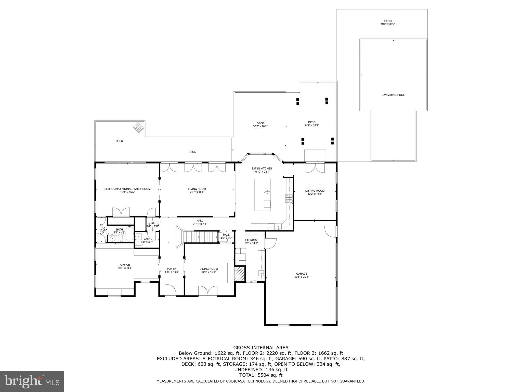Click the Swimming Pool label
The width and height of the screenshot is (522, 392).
click(393, 95)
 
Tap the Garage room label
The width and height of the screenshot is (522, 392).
click(302, 274)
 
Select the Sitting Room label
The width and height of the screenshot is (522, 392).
click(315, 191)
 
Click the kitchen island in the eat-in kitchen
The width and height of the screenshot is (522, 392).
click(263, 195)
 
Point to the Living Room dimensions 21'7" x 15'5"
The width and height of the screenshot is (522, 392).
click(197, 192)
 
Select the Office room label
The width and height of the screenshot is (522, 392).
click(125, 265)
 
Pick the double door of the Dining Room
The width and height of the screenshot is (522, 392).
click(208, 291)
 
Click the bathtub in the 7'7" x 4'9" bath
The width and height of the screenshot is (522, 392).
click(129, 234)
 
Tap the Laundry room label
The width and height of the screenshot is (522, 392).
click(251, 240)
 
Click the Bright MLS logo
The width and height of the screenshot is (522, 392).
click(32, 381)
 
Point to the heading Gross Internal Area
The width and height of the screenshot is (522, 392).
click(261, 348)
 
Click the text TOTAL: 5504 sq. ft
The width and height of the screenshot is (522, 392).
click(261, 375)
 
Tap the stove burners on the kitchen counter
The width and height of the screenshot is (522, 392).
click(289, 199)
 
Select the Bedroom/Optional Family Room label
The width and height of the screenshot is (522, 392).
click(127, 189)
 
